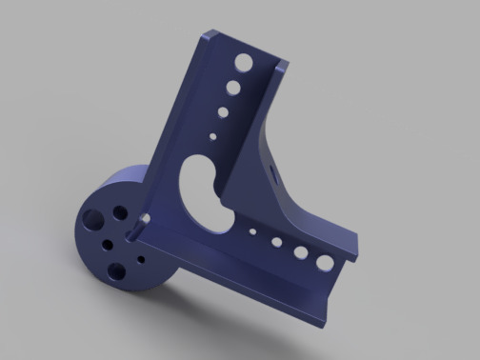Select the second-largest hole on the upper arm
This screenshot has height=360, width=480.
click(x=232, y=90)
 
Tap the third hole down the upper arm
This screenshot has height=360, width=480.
click(x=223, y=112)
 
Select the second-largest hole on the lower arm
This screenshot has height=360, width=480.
click(x=299, y=252)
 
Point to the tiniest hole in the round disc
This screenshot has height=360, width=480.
click(x=141, y=257)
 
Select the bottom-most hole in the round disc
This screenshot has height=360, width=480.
click(x=116, y=270)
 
